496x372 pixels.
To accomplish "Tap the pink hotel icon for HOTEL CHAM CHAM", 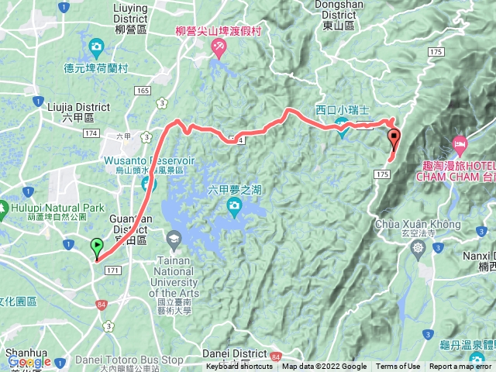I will (x=460, y=143).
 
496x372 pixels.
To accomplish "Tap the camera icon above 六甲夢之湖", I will (x=233, y=205).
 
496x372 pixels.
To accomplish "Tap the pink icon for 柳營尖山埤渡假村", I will (x=219, y=50).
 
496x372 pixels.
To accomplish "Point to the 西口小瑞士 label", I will (x=343, y=110).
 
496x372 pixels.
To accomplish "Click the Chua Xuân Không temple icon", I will (x=419, y=248).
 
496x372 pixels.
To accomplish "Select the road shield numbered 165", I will (x=142, y=91).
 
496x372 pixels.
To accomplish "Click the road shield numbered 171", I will (x=113, y=269).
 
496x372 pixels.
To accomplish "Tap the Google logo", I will (x=29, y=361).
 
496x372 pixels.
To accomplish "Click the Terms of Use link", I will (x=398, y=367).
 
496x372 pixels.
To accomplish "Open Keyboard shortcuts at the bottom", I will (x=239, y=367).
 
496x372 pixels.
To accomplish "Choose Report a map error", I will (x=460, y=367).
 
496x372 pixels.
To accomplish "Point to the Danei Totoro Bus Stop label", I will (x=129, y=360).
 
